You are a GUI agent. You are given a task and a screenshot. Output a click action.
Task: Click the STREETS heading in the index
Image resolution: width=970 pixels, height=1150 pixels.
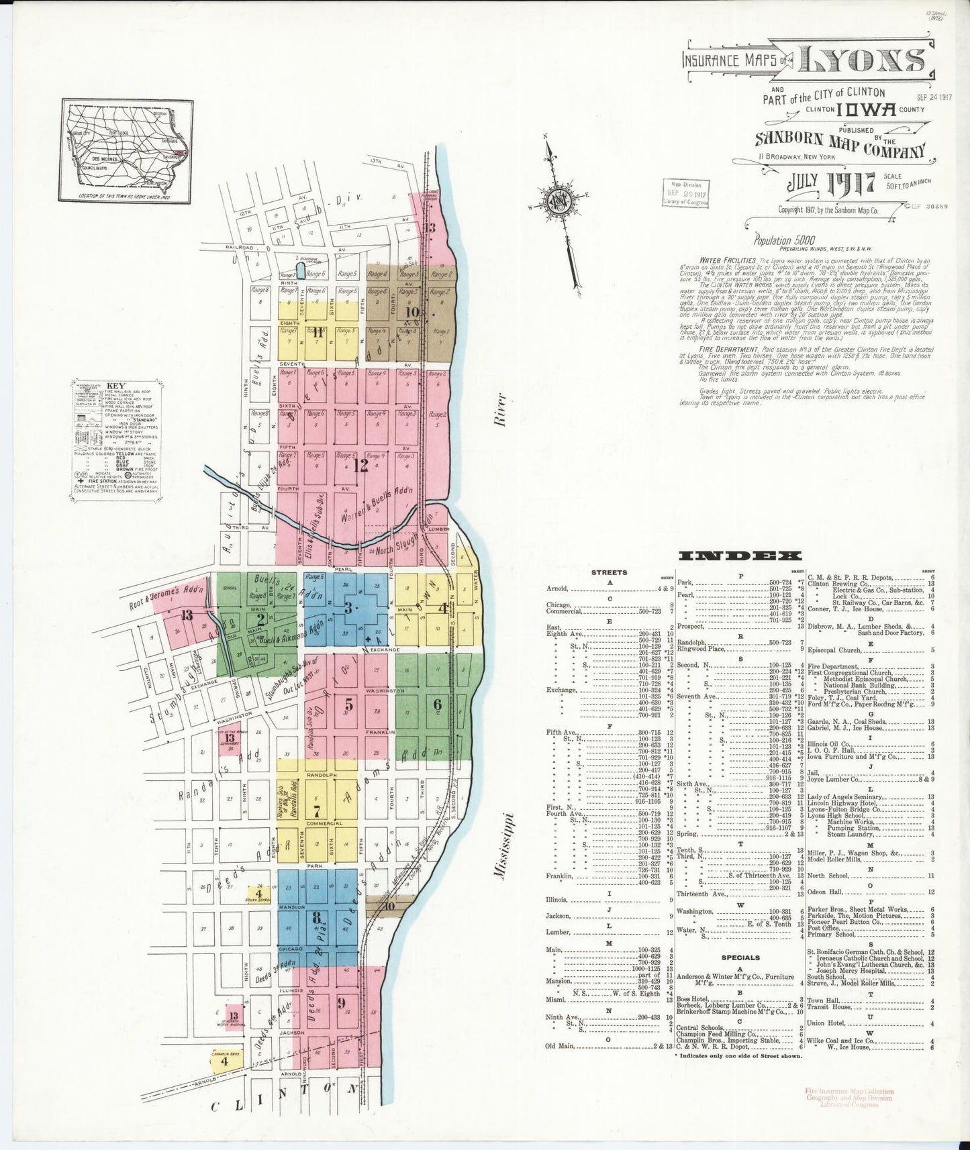pyautogui.click(x=609, y=572)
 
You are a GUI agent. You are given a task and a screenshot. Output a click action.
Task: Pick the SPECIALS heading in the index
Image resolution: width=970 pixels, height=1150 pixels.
pyautogui.click(x=740, y=957)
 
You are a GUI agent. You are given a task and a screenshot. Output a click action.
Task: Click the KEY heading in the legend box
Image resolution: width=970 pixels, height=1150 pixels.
pyautogui.click(x=113, y=387)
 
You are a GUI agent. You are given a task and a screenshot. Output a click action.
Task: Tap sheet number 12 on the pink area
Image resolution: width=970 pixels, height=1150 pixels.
pyautogui.click(x=361, y=464)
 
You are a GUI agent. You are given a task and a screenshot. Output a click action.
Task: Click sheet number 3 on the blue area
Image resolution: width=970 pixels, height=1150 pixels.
pyautogui.click(x=348, y=608)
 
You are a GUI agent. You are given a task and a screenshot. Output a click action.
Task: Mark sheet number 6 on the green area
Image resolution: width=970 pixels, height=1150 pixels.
pyautogui.click(x=437, y=704)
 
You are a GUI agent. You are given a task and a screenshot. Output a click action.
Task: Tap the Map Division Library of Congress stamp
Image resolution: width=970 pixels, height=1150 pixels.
pyautogui.click(x=685, y=191)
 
